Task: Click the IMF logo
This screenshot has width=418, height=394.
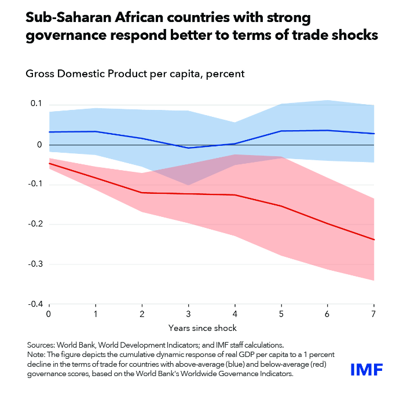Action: [367, 369]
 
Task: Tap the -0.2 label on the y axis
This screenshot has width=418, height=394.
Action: [36, 224]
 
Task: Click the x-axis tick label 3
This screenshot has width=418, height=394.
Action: [188, 313]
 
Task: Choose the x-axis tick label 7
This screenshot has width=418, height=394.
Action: [374, 313]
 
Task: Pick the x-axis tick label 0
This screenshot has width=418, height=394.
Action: [49, 313]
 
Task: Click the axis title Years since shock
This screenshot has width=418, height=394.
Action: [211, 328]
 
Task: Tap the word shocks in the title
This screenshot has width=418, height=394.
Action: [353, 36]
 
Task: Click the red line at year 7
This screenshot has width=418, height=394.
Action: [374, 240]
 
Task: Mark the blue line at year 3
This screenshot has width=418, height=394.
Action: [188, 148]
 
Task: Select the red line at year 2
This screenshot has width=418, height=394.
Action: [142, 192]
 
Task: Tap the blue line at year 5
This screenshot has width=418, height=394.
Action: [281, 131]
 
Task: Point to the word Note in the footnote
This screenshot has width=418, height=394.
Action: [37, 353]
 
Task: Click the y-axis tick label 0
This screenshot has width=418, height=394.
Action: [39, 145]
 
